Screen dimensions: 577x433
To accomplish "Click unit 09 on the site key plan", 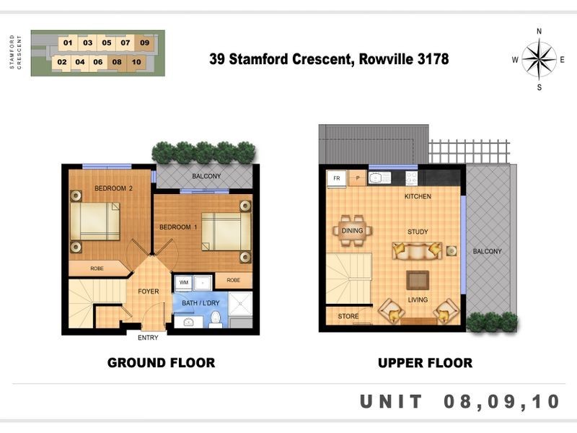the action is click(145, 43).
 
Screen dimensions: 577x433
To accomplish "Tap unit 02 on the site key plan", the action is click(62, 62).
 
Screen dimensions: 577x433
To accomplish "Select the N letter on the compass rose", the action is click(539, 31).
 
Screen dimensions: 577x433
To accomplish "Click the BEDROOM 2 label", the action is click(113, 188).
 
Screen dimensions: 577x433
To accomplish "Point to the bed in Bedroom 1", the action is click(226, 232).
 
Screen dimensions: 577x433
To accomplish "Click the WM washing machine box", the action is click(184, 282).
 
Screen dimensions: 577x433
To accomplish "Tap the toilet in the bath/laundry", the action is click(216, 320).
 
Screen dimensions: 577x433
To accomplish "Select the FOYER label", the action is click(149, 292).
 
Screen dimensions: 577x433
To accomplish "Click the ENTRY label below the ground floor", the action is click(148, 338).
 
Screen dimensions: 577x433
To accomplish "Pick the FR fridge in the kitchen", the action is click(336, 178).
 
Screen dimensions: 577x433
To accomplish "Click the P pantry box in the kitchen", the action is click(357, 178).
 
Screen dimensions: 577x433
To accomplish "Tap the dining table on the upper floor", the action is click(353, 231).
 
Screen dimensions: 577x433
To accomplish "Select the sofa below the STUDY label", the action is click(417, 251).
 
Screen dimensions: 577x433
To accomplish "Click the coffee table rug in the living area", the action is click(418, 280).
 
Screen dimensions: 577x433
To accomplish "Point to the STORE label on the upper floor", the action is click(348, 316).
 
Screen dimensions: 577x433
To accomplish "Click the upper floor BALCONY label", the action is click(488, 251).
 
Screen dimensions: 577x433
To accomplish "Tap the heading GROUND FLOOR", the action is click(161, 363).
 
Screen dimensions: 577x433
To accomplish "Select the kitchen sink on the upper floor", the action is click(379, 178).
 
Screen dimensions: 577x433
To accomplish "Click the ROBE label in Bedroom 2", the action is click(97, 268).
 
